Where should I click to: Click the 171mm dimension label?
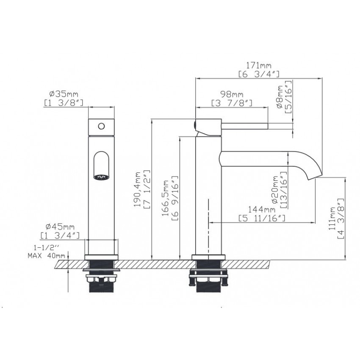point(259,66)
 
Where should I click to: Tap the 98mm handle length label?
point(232,94)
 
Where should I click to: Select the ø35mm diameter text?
point(64,94)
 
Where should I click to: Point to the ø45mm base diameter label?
point(60,227)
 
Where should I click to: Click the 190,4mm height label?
point(138,189)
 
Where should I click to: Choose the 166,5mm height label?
point(165,198)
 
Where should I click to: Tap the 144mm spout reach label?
point(261,209)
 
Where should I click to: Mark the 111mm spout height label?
point(332,219)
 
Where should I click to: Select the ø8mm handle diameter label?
point(280,97)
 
